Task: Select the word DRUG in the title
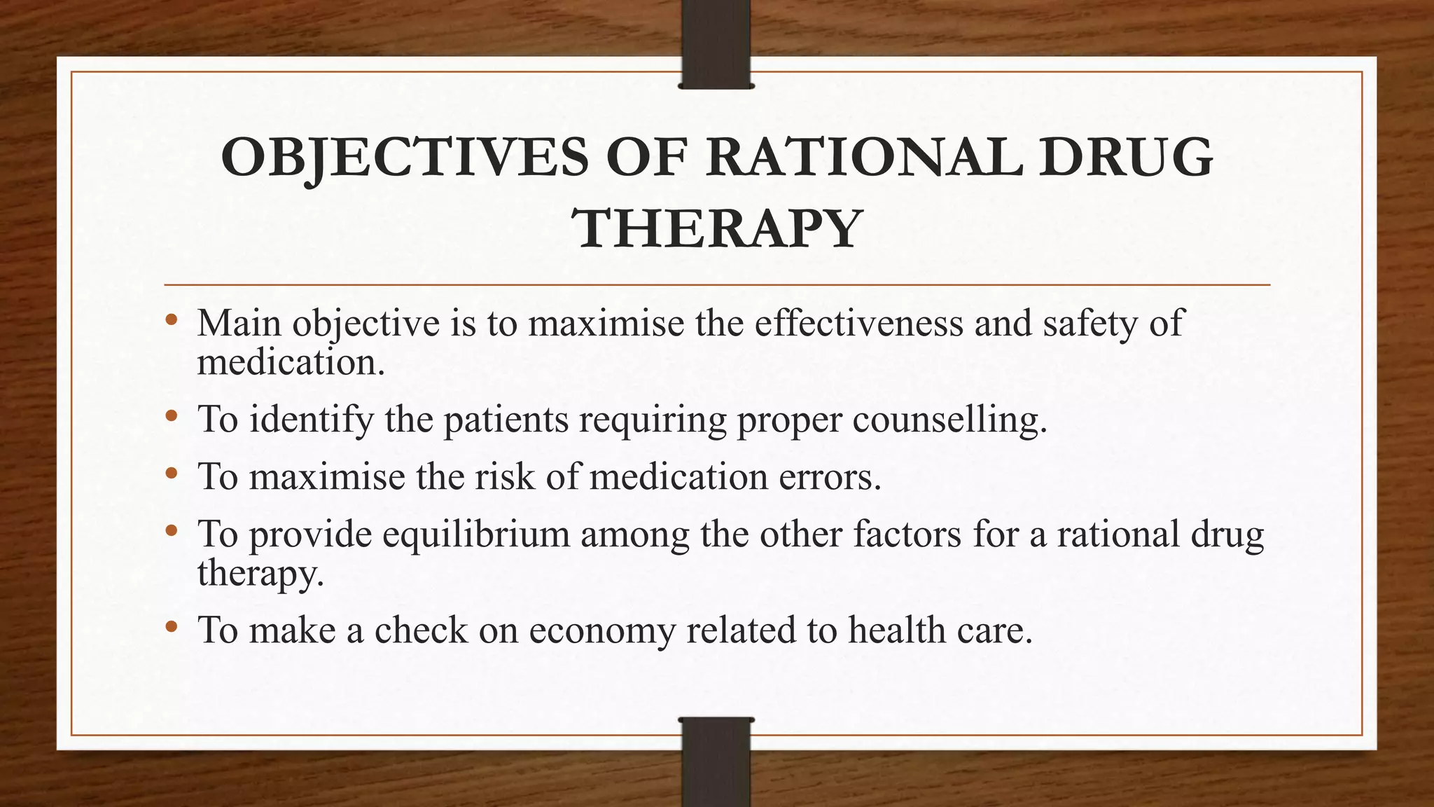pyautogui.click(x=1125, y=158)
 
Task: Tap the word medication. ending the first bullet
pyautogui.click(x=291, y=363)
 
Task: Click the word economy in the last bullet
pyautogui.click(x=602, y=630)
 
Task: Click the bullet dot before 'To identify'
pyautogui.click(x=172, y=418)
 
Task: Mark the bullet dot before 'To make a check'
pyautogui.click(x=172, y=627)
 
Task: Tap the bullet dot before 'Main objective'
pyautogui.click(x=172, y=321)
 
